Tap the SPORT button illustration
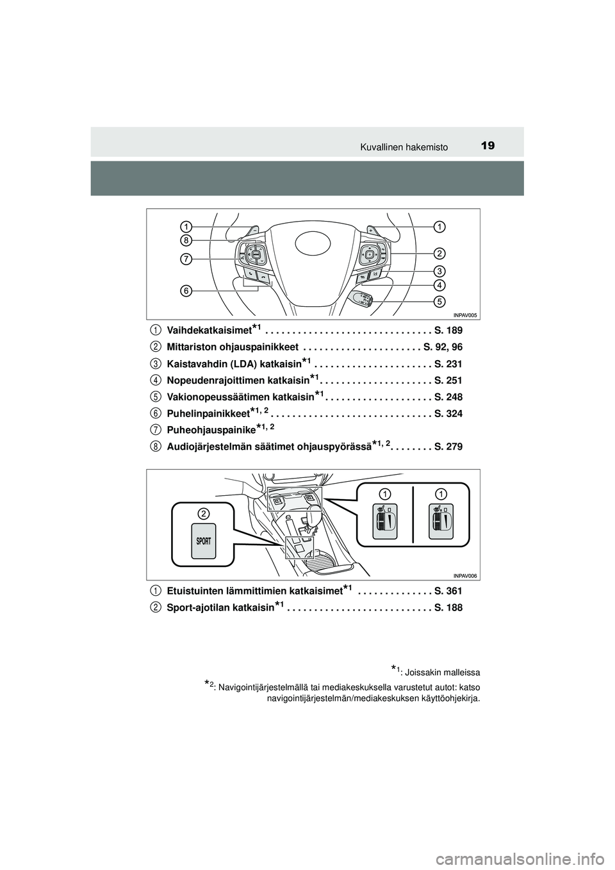[x=203, y=545]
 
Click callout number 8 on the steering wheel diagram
[x=186, y=240]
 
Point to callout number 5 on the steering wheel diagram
[x=439, y=300]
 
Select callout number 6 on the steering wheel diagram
[x=186, y=290]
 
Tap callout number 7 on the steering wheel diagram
[x=186, y=259]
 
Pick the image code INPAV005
[x=466, y=315]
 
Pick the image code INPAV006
[x=466, y=575]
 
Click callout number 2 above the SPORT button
[x=203, y=513]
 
